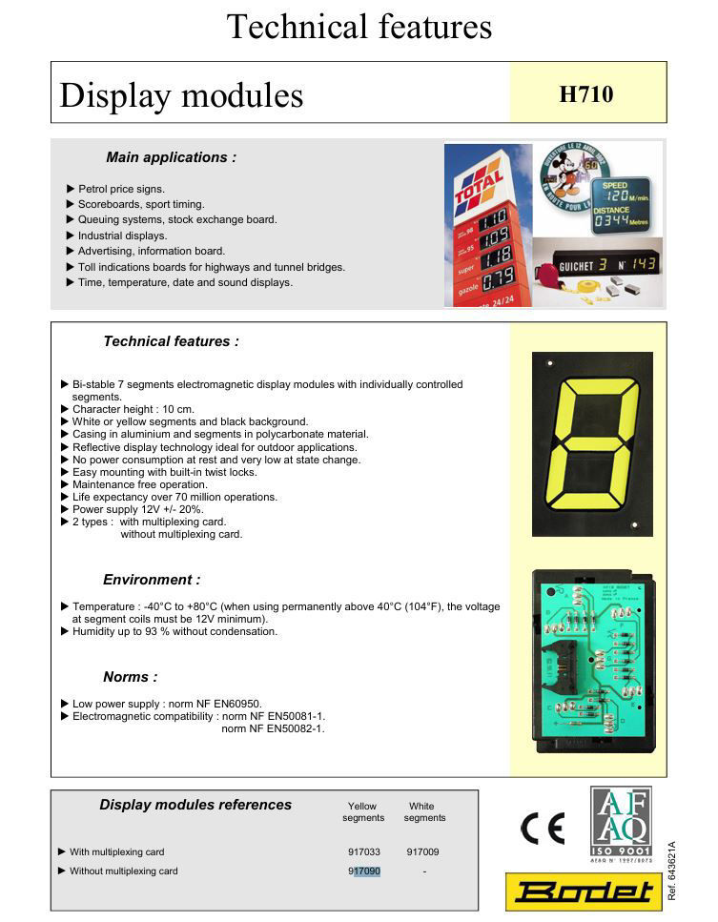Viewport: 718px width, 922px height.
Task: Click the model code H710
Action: pyautogui.click(x=585, y=93)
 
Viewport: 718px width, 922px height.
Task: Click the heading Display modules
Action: pyautogui.click(x=181, y=95)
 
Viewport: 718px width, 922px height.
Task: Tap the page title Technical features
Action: pyautogui.click(x=359, y=26)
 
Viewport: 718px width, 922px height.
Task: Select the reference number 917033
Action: pyautogui.click(x=364, y=852)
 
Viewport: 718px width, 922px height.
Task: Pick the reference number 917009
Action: pyautogui.click(x=422, y=852)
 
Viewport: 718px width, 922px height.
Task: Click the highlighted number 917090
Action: pyautogui.click(x=364, y=871)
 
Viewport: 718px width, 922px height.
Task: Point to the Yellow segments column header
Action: pyautogui.click(x=363, y=811)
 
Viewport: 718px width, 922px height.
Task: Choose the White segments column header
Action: pyautogui.click(x=423, y=811)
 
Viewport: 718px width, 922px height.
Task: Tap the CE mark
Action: pyautogui.click(x=542, y=828)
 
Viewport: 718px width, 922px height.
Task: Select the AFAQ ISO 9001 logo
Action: pyautogui.click(x=621, y=821)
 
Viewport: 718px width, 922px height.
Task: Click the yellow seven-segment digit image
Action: pyautogui.click(x=591, y=443)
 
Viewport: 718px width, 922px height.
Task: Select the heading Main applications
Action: pyautogui.click(x=171, y=157)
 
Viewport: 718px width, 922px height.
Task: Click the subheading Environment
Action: pyautogui.click(x=152, y=580)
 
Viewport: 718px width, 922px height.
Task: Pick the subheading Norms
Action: pyautogui.click(x=130, y=677)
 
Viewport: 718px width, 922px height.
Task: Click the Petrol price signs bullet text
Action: pyautogui.click(x=121, y=189)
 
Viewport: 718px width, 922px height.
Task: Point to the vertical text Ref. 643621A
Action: pyautogui.click(x=672, y=870)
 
